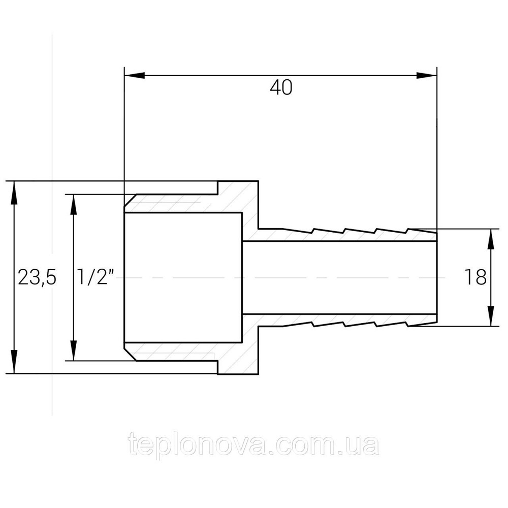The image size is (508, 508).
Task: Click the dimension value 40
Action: tap(281, 88)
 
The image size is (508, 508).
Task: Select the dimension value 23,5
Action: tap(37, 277)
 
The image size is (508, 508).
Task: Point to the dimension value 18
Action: tap(475, 277)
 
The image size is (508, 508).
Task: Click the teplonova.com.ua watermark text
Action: tap(253, 446)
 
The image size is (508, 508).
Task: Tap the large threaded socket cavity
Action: tap(183, 277)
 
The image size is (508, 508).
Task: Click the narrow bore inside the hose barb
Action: tap(340, 277)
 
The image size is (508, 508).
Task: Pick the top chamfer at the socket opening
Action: tap(131, 201)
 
